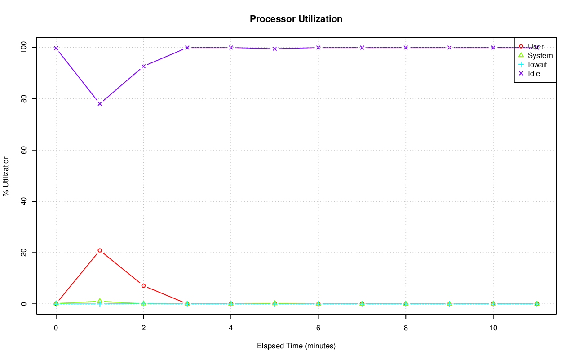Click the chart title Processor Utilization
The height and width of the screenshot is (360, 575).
pyautogui.click(x=296, y=19)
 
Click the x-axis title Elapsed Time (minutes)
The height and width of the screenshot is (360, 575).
pyautogui.click(x=296, y=346)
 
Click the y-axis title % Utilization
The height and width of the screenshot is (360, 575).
pyautogui.click(x=6, y=175)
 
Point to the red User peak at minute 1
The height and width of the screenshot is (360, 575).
pyautogui.click(x=100, y=250)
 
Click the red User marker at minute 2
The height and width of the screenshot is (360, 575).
pyautogui.click(x=143, y=286)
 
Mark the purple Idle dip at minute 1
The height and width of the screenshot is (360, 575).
pyautogui.click(x=100, y=104)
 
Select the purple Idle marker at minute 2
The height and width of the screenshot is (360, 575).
pyautogui.click(x=143, y=66)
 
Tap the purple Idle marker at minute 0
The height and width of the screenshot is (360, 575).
pyautogui.click(x=56, y=48)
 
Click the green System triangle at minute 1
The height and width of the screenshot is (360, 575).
pyautogui.click(x=100, y=301)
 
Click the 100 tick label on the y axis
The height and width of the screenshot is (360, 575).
pyautogui.click(x=23, y=47)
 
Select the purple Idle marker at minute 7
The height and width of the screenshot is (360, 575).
pyautogui.click(x=362, y=48)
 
